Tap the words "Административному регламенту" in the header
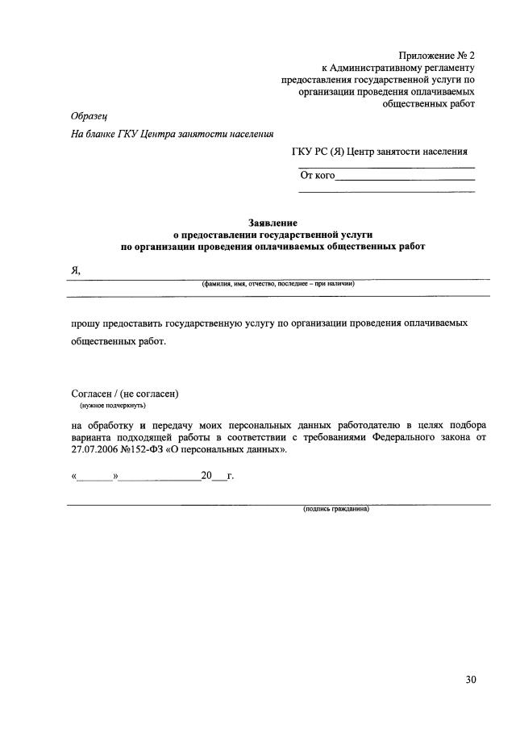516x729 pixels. [409, 68]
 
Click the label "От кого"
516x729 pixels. [317, 174]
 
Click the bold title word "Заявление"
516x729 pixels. [272, 222]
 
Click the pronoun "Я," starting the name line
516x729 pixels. [76, 270]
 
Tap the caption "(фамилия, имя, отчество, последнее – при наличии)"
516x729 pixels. [278, 284]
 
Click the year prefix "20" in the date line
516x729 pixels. [206, 477]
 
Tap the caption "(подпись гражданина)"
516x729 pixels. [335, 510]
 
